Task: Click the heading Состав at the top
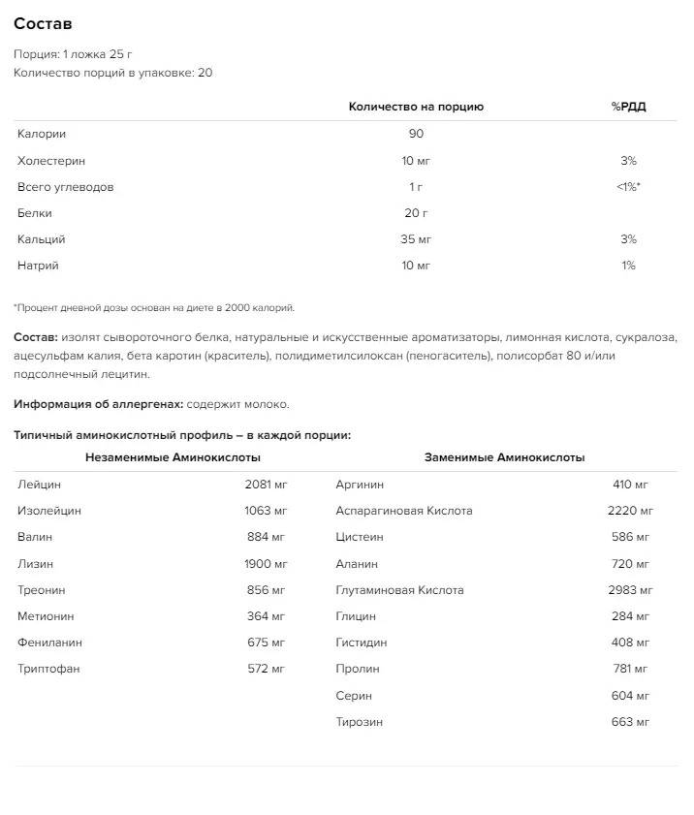tap(43, 23)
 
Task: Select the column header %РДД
tap(628, 107)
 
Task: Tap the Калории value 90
tap(416, 134)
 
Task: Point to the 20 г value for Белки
tap(416, 213)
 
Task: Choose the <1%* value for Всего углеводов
tap(628, 187)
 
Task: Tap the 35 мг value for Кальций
tap(416, 239)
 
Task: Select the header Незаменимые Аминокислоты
tap(173, 457)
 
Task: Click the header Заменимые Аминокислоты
tap(504, 457)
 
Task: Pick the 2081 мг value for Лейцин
tap(267, 484)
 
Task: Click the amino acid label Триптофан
tap(47, 669)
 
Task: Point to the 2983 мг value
tap(632, 589)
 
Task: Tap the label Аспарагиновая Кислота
tap(403, 511)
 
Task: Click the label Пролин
tap(357, 669)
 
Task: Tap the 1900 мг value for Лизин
tap(267, 563)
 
